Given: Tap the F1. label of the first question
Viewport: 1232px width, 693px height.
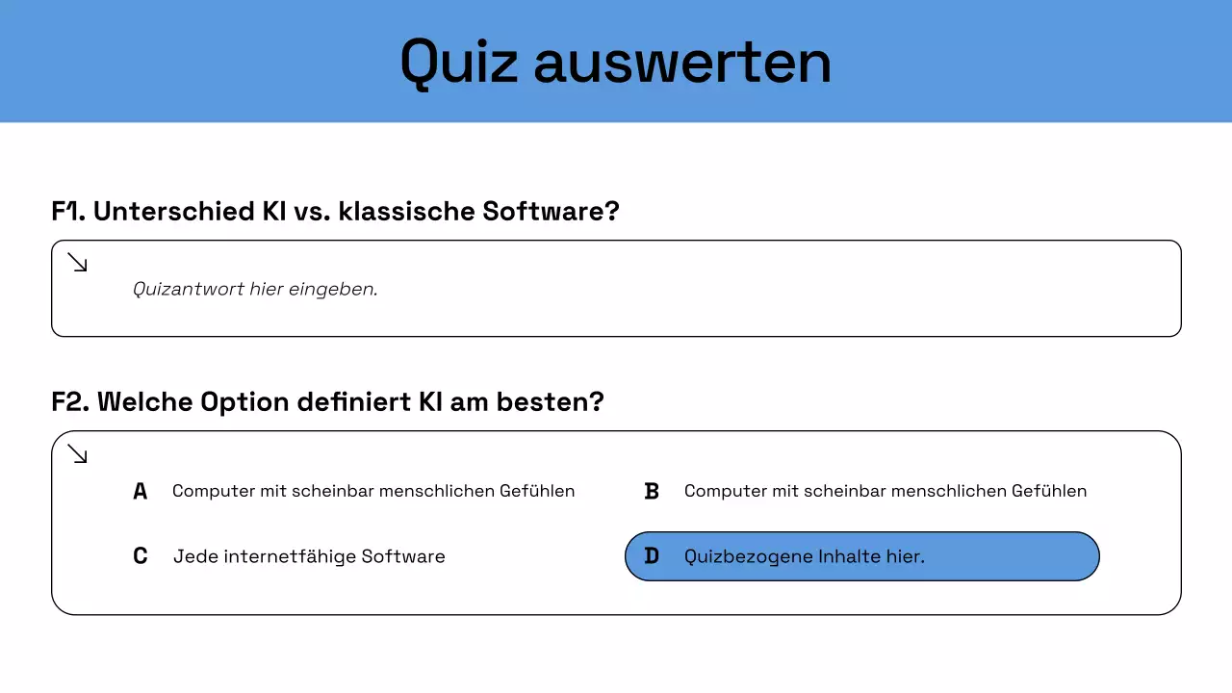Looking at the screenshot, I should pyautogui.click(x=68, y=211).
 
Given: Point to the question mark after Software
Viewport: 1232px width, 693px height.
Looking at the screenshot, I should pyautogui.click(x=611, y=211).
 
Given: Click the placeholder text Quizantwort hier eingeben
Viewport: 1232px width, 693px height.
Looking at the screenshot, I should pyautogui.click(x=255, y=289).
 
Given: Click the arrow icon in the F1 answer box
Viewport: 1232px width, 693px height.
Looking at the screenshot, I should pyautogui.click(x=78, y=263).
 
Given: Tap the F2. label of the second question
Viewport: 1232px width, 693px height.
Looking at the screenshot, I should pyautogui.click(x=70, y=401).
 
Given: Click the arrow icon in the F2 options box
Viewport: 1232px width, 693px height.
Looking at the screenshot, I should pyautogui.click(x=78, y=453).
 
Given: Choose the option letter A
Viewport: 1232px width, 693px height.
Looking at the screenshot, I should pyautogui.click(x=141, y=492).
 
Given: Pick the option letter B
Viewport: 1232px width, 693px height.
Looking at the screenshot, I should pyautogui.click(x=652, y=492).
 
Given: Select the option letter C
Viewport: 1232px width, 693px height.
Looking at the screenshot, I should pyautogui.click(x=141, y=556).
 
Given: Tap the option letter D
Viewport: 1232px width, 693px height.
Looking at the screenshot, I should pyautogui.click(x=652, y=556).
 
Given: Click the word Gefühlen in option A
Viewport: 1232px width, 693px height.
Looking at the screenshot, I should pyautogui.click(x=537, y=491).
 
